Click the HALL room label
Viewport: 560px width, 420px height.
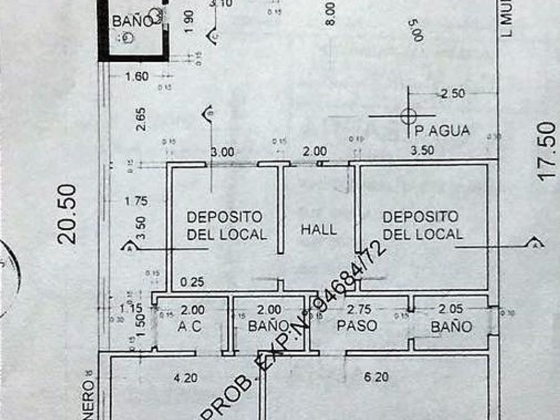click(319, 229)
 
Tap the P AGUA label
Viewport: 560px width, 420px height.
click(442, 131)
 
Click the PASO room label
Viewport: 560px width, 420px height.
click(357, 326)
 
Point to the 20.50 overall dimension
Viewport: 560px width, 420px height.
click(67, 213)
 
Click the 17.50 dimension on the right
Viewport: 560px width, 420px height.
click(545, 147)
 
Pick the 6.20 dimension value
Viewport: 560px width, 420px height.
click(377, 377)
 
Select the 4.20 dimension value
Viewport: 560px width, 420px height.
click(185, 378)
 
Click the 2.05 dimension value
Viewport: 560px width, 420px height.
click(451, 310)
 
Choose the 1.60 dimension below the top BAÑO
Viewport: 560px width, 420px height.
click(137, 77)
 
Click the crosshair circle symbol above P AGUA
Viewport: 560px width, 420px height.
click(408, 116)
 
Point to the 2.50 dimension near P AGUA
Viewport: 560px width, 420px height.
click(453, 94)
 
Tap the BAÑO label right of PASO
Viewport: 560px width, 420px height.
click(451, 327)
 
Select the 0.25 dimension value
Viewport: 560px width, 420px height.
click(193, 282)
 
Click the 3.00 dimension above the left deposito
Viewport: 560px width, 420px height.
click(222, 152)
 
